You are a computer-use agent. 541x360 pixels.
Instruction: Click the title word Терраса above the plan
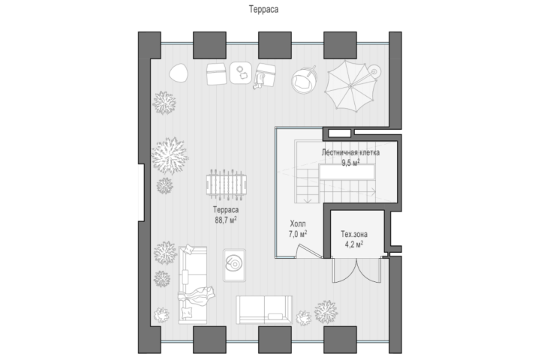[263, 9]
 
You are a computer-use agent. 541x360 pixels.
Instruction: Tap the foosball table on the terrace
[227, 184]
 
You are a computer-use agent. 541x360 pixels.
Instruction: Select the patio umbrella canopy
[350, 85]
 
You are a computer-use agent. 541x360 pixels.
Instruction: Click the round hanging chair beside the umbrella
[304, 80]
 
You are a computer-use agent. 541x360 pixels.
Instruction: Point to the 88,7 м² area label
[226, 220]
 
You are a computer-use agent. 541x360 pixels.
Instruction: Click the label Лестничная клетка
[350, 152]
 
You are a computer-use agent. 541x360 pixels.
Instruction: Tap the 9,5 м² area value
[350, 163]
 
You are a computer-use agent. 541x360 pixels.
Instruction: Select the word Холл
[298, 223]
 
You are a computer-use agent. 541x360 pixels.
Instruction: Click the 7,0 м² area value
[298, 234]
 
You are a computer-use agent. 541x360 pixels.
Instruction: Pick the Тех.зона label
[354, 235]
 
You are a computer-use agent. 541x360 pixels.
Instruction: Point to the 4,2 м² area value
[354, 244]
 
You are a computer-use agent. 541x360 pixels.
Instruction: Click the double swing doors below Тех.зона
[356, 270]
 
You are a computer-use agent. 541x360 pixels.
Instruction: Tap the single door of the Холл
[308, 251]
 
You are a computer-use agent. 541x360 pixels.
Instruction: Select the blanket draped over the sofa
[196, 295]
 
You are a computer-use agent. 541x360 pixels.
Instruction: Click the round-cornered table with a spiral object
[234, 265]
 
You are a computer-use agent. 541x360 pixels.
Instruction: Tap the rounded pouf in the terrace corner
[179, 73]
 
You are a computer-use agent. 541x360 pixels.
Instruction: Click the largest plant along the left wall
[170, 156]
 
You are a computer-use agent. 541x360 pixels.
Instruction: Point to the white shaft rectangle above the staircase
[339, 133]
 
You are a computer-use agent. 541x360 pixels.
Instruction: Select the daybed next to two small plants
[264, 310]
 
